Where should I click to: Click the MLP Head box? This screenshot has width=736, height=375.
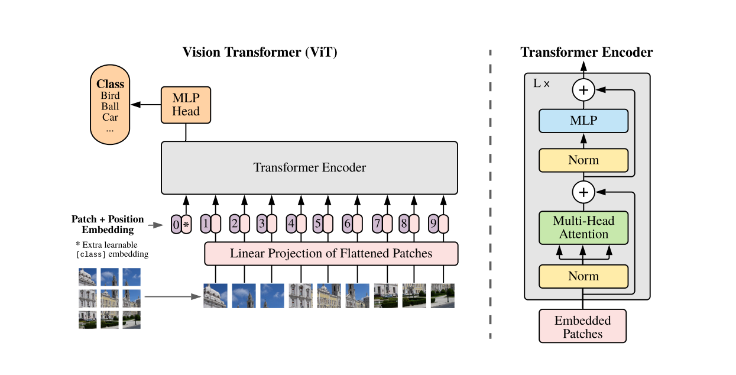click(x=186, y=105)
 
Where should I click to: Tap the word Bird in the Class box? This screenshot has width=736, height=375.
click(x=110, y=96)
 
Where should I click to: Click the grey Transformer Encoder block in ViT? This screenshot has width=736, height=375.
click(x=309, y=167)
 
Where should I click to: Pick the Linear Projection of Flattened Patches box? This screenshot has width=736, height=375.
click(x=331, y=254)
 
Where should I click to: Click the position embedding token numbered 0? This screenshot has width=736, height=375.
click(x=176, y=224)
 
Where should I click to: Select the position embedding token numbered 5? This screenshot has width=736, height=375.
click(x=318, y=224)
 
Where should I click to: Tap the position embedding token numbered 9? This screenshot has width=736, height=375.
click(x=433, y=224)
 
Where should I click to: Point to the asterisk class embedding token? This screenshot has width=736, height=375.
click(x=187, y=224)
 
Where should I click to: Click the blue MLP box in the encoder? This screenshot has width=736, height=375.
click(x=583, y=121)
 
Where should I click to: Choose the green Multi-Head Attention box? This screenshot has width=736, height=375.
click(x=583, y=228)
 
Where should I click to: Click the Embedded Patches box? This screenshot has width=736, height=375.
click(x=582, y=326)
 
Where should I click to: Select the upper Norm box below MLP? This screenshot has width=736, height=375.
click(x=583, y=160)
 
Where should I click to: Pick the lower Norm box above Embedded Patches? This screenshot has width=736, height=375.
click(x=583, y=276)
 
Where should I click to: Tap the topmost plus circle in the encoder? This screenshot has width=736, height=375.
click(x=583, y=90)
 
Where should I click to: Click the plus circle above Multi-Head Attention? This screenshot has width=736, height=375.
click(x=583, y=192)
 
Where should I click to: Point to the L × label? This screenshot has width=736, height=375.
click(x=542, y=84)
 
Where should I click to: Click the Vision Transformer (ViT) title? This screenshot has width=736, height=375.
click(x=260, y=52)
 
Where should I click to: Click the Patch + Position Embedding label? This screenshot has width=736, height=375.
click(x=108, y=224)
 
